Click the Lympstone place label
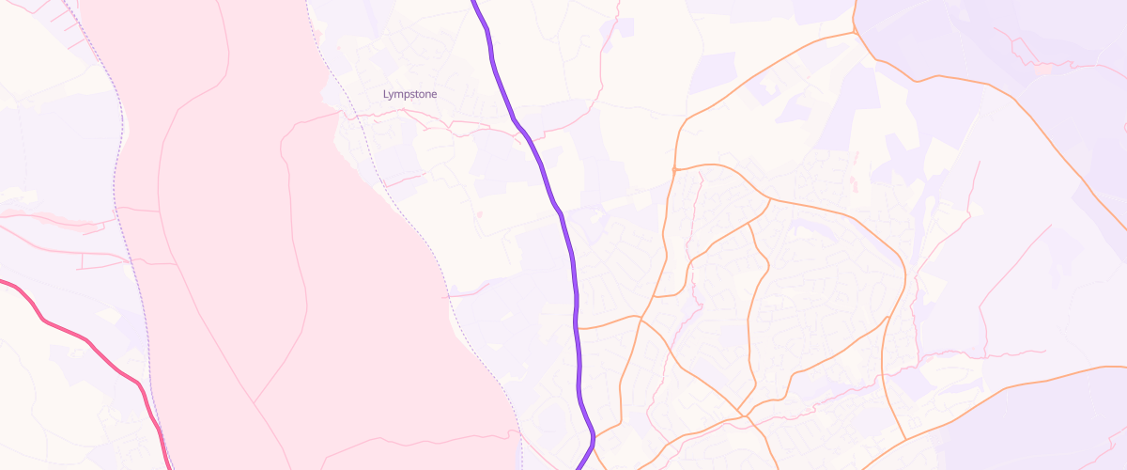click(409, 94)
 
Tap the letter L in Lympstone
click(386, 94)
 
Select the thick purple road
click(567, 244)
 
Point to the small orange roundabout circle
click(674, 169)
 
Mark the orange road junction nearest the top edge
click(855, 31)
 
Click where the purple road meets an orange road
click(577, 328)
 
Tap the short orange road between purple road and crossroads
click(609, 324)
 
